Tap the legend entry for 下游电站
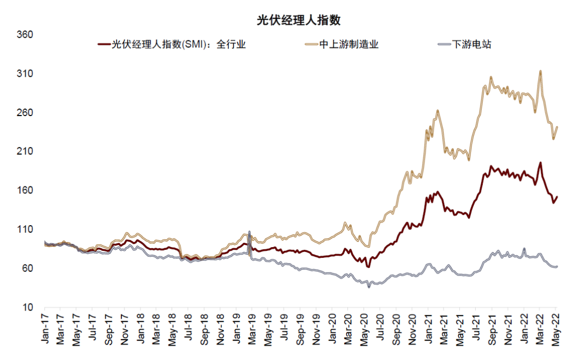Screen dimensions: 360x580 [465, 45]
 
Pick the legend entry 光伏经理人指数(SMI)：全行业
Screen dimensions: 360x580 [171, 45]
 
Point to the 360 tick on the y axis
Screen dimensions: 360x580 [26, 35]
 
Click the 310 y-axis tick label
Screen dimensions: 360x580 [26, 74]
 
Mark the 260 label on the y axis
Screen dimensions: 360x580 [26, 113]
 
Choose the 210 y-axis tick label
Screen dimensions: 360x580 [26, 152]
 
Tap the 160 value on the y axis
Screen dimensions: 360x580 [26, 191]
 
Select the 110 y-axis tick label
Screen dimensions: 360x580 [26, 229]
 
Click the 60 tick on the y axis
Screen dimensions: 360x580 [28, 269]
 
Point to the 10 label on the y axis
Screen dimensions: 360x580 [28, 307]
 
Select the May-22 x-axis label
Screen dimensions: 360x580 [556, 328]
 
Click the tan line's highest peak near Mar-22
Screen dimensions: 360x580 [540, 71]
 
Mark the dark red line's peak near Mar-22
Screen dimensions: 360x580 [540, 163]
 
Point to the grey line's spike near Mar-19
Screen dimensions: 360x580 [249, 232]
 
